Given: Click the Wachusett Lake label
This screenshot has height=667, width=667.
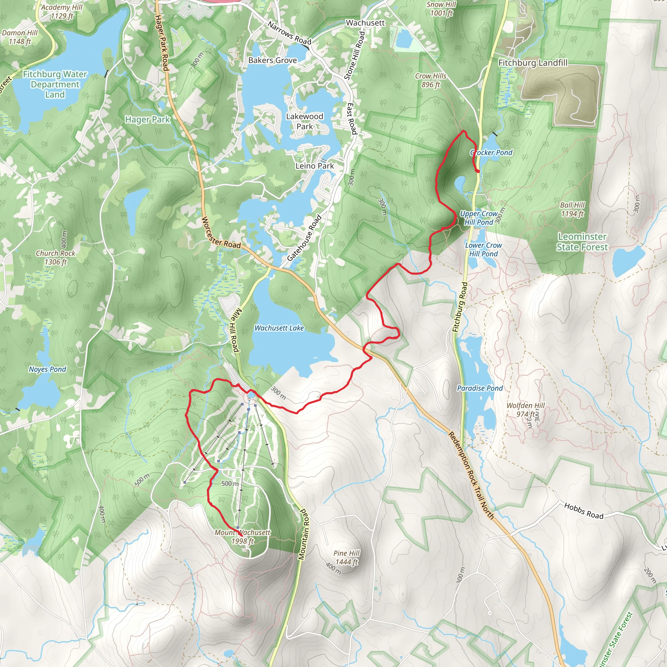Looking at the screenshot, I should pyautogui.click(x=279, y=328).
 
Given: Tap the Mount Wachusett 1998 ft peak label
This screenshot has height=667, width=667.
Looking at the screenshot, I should pyautogui.click(x=242, y=537).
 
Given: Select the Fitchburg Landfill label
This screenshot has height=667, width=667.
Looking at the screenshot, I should pyautogui.click(x=533, y=63).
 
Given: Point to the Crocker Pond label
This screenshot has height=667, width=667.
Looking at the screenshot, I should pyautogui.click(x=491, y=153).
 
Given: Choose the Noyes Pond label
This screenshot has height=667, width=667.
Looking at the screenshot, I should pyautogui.click(x=47, y=369).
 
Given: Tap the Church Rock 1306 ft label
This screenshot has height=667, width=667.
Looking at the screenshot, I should pyautogui.click(x=56, y=258).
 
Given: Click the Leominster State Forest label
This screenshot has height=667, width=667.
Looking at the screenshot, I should pyautogui.click(x=582, y=242).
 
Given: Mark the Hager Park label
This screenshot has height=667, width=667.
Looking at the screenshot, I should pyautogui.click(x=148, y=120).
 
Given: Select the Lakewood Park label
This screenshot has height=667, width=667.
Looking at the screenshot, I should pyautogui.click(x=305, y=121).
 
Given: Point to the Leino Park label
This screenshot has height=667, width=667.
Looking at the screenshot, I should pyautogui.click(x=315, y=166).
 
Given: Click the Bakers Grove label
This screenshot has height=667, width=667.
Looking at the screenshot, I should pyautogui.click(x=272, y=61).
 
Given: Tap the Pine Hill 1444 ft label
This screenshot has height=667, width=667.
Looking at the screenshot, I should pyautogui.click(x=346, y=558).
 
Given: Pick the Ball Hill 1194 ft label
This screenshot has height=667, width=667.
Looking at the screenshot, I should pyautogui.click(x=573, y=209).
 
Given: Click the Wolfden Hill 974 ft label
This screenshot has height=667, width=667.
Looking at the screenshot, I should pyautogui.click(x=525, y=409).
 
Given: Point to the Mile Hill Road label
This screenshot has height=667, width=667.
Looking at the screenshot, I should pyautogui.click(x=235, y=330).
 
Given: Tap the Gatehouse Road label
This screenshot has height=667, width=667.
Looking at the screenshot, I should pyautogui.click(x=304, y=238).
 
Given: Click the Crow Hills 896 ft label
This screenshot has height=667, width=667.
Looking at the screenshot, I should pyautogui.click(x=431, y=80).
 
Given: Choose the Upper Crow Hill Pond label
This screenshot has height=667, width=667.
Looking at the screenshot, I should pyautogui.click(x=479, y=218).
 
